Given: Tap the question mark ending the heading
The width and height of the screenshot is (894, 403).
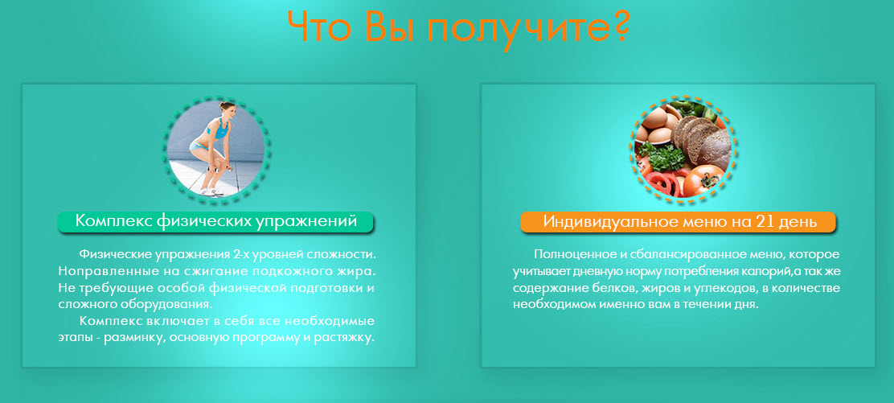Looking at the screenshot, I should tap(615, 27).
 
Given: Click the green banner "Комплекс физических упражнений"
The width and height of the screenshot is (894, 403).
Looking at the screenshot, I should tap(215, 222).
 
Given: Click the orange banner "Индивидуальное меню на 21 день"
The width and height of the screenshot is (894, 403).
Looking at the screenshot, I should tap(679, 222).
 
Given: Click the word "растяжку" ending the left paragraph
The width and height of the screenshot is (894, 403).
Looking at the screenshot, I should tap(343, 338).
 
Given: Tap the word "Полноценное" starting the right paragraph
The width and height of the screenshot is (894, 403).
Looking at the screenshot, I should tap(572, 254).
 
